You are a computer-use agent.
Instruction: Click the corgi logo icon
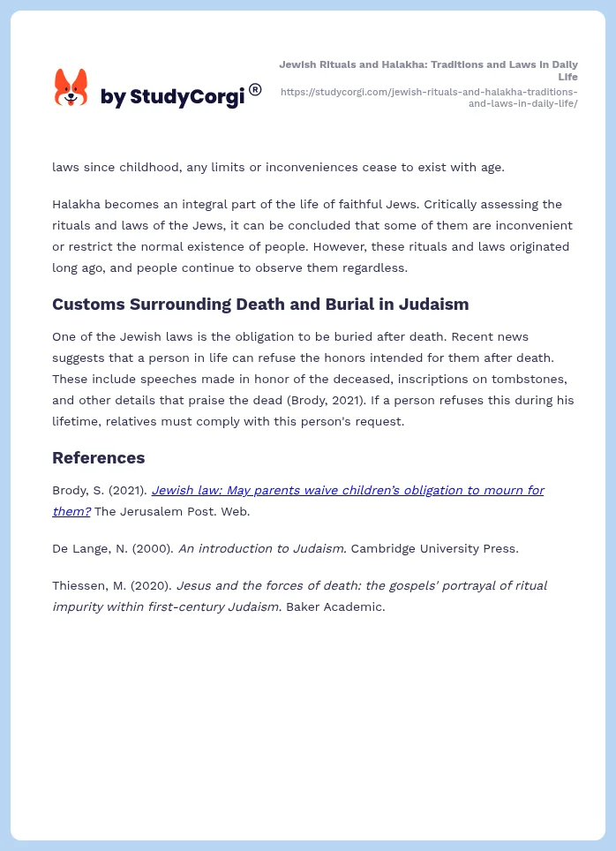coord(71,88)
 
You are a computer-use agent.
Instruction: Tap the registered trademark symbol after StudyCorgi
coord(255,89)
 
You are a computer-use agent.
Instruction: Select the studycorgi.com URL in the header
coord(429,97)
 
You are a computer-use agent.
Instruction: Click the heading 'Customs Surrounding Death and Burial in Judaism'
coord(260,304)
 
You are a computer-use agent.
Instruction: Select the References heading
coord(98,457)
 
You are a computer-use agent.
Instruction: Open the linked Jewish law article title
coord(347,490)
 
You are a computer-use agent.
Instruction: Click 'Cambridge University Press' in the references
coord(434,548)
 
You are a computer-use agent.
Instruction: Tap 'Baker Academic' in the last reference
coord(335,606)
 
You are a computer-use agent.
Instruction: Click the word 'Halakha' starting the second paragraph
coord(78,204)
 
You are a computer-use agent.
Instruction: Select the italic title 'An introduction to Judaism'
coord(262,548)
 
